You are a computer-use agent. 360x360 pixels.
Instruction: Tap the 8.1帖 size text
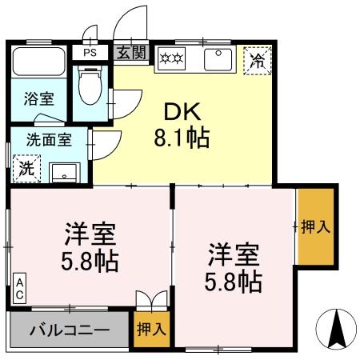[x=182, y=138]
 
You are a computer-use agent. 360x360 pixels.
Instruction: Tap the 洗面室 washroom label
[x=48, y=138]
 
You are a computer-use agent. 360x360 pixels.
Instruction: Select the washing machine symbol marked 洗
[x=26, y=169]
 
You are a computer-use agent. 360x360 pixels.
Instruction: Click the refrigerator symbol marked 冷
[x=258, y=60]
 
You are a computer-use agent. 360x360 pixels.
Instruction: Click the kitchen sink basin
[x=218, y=59]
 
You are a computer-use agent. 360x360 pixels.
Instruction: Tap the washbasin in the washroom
[x=62, y=171]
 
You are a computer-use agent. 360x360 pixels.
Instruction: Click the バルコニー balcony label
[x=70, y=329]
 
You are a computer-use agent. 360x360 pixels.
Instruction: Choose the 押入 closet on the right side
[x=314, y=226]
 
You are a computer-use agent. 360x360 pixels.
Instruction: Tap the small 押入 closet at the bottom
[x=151, y=327]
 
